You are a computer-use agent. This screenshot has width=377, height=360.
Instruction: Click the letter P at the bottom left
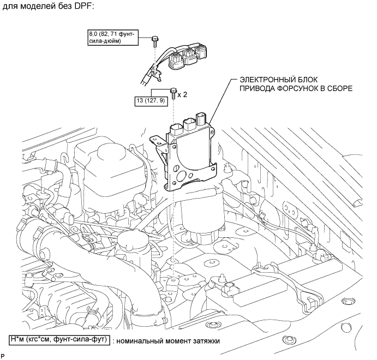click(4, 356)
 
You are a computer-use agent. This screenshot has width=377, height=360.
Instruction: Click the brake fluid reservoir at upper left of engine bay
click(100, 158)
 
